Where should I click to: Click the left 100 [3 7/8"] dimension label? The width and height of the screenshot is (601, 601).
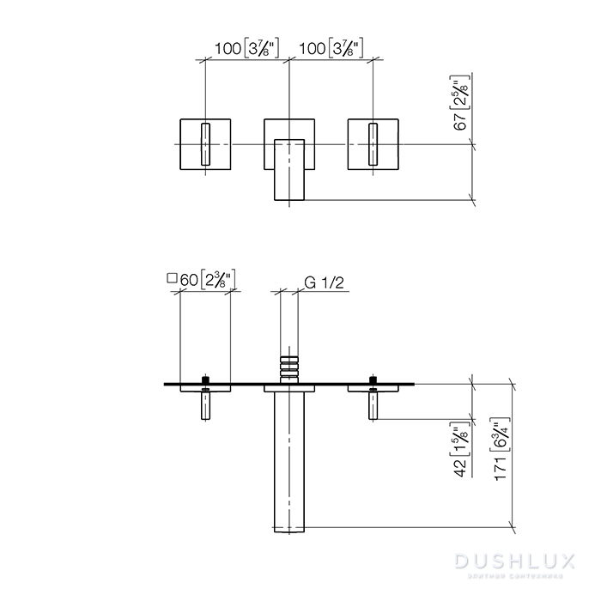(245, 49)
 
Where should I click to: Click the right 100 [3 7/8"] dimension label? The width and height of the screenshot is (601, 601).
(329, 49)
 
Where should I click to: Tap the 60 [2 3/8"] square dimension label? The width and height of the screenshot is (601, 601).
(207, 280)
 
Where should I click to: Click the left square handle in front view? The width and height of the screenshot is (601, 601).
(204, 144)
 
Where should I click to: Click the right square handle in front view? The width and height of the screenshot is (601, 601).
(373, 144)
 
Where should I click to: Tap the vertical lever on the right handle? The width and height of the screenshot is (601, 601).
(373, 144)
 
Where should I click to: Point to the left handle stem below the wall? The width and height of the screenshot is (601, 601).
(205, 404)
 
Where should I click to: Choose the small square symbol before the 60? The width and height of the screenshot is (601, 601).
(171, 279)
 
